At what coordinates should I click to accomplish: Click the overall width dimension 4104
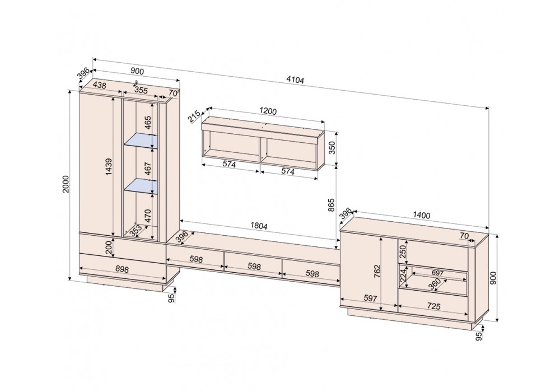pos(295,80)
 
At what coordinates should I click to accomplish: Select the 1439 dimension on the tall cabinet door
pos(109,167)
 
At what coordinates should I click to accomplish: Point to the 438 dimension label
pos(100,85)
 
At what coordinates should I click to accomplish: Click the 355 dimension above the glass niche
pos(141,90)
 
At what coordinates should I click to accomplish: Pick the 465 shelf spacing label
pos(148,123)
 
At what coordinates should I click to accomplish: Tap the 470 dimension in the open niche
pos(148,216)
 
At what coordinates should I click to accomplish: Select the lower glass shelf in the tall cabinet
pos(141,186)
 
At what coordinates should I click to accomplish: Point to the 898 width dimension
pos(122,269)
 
